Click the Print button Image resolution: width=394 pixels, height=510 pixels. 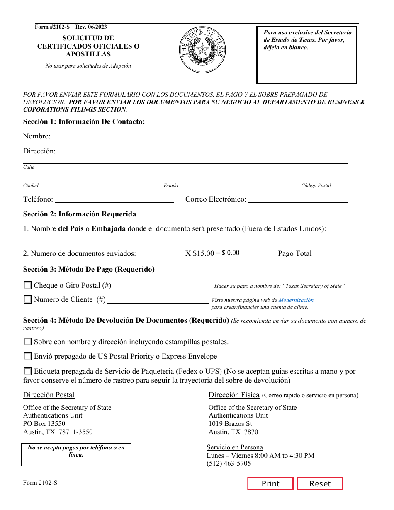(x=270, y=484)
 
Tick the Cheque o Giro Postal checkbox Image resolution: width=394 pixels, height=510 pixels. (x=28, y=285)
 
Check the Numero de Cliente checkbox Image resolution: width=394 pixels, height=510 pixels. (x=28, y=299)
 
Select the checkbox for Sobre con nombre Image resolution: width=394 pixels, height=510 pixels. (x=28, y=342)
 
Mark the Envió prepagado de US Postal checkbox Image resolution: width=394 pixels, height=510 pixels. (x=28, y=356)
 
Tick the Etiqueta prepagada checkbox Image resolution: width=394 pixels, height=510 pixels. (x=28, y=371)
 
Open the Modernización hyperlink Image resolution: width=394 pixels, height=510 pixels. (x=296, y=300)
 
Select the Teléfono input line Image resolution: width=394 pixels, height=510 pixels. (x=114, y=199)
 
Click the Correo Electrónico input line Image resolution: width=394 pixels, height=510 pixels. (x=297, y=199)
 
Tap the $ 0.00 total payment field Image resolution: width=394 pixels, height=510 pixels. (x=249, y=253)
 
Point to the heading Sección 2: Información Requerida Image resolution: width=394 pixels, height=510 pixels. (x=80, y=214)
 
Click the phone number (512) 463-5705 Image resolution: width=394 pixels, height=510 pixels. (x=229, y=464)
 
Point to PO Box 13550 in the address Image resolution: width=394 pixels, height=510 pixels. (x=44, y=424)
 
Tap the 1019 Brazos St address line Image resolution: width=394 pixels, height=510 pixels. (x=230, y=424)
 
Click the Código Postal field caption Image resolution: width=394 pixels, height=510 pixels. (x=316, y=185)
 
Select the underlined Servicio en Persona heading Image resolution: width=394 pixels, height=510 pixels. (x=235, y=447)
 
